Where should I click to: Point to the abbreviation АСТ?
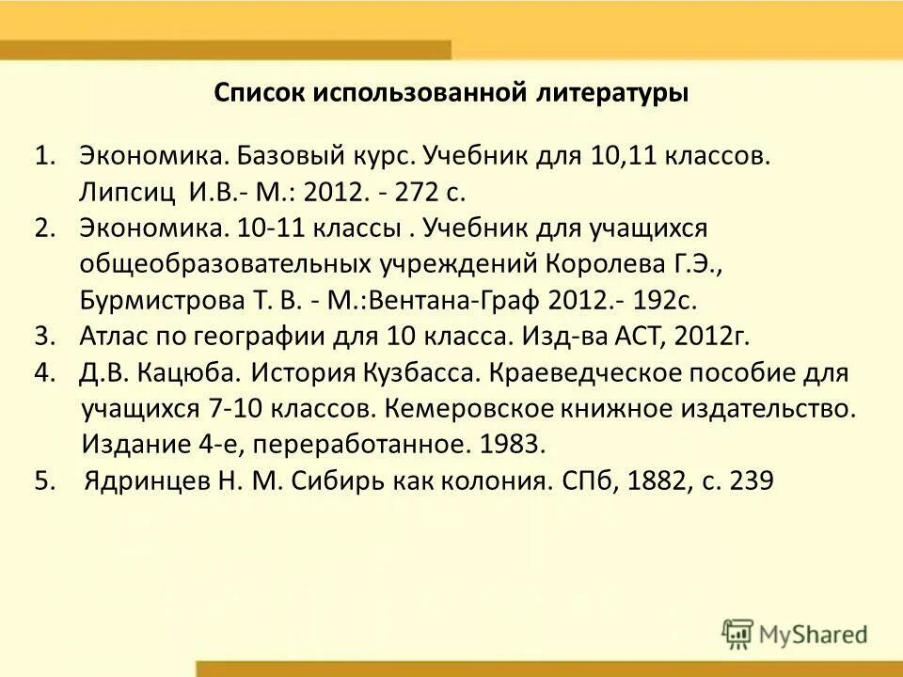[643, 337]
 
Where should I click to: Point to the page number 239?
[750, 480]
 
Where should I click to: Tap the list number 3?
[41, 337]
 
